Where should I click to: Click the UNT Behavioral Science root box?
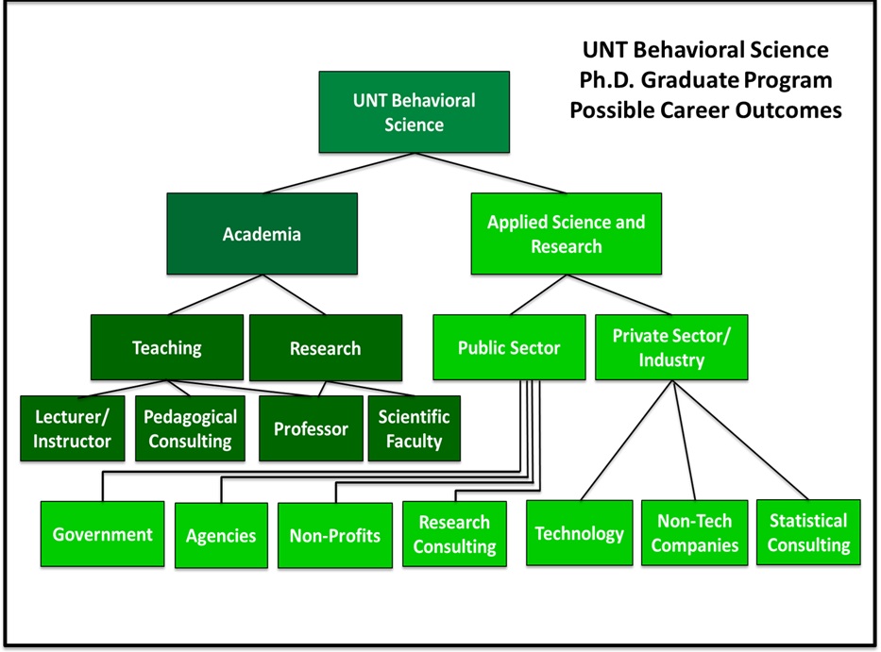tap(414, 111)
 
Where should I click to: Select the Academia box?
tap(262, 233)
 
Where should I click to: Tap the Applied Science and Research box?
tap(566, 234)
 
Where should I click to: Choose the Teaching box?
tap(166, 347)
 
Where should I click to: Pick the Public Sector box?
tap(508, 347)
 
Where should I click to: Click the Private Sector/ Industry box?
tap(671, 347)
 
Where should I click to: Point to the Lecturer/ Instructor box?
tap(73, 428)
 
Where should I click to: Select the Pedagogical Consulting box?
tap(190, 428)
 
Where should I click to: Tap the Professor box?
tap(311, 428)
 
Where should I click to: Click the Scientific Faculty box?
tap(414, 428)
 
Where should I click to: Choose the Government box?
tap(102, 534)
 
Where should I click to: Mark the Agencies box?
tap(220, 535)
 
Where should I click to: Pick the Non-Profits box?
tap(334, 535)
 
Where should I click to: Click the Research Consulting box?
tap(454, 534)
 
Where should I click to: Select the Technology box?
tap(579, 533)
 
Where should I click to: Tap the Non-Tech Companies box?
tap(694, 533)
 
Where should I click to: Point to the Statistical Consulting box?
tap(808, 532)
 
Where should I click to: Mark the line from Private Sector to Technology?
tap(626, 440)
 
